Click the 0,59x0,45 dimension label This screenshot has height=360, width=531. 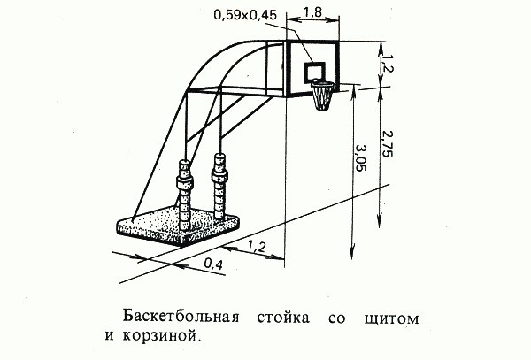[245, 16]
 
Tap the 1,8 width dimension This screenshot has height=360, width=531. [312, 12]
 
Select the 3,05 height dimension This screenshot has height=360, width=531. [361, 157]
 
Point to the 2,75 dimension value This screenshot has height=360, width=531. [387, 143]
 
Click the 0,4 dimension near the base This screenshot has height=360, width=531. [213, 264]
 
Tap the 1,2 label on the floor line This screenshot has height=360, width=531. [257, 246]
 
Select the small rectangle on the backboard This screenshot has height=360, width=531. [314, 72]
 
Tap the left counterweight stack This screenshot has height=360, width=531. [185, 195]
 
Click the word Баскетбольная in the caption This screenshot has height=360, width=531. [181, 317]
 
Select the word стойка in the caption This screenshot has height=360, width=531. [283, 318]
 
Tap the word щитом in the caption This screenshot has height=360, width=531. [392, 318]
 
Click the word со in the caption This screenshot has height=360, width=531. [337, 318]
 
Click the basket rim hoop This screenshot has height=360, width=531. [323, 83]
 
